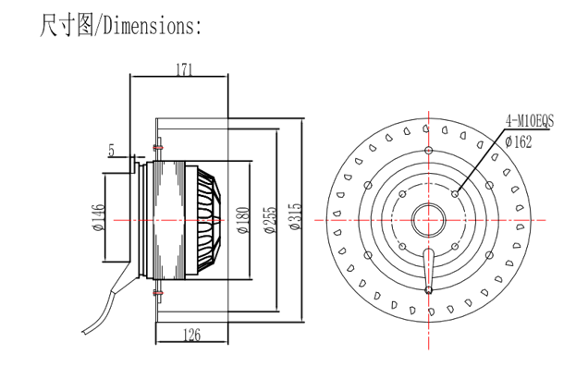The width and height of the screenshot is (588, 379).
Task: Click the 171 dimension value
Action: [x=184, y=69]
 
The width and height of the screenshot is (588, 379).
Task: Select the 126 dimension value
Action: [x=191, y=335]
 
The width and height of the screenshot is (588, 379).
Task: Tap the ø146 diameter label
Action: [x=99, y=217]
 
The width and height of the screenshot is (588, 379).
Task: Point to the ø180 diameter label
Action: [x=244, y=220]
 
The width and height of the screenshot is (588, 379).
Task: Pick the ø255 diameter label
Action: [x=270, y=220]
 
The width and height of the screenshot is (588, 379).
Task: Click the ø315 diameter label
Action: [x=296, y=216]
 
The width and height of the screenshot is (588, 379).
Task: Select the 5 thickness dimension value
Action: [x=111, y=151]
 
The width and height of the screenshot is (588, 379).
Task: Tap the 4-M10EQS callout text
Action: [x=529, y=121]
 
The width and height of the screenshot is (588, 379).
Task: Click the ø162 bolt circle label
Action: [x=519, y=141]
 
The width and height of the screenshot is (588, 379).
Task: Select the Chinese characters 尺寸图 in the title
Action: [x=67, y=26]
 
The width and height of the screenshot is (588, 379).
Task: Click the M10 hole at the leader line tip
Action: [x=455, y=194]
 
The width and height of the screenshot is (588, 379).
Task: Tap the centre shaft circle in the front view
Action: [x=429, y=220]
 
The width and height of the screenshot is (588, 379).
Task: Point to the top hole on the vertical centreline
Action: [x=429, y=151]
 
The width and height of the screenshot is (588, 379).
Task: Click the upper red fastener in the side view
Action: [x=158, y=148]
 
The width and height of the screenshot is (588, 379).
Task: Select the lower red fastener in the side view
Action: [x=158, y=292]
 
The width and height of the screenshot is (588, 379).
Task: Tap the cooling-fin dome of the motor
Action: [x=209, y=220]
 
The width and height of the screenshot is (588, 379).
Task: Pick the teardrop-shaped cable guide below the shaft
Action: [x=429, y=269]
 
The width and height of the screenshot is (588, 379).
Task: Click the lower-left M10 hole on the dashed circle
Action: [x=402, y=246]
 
